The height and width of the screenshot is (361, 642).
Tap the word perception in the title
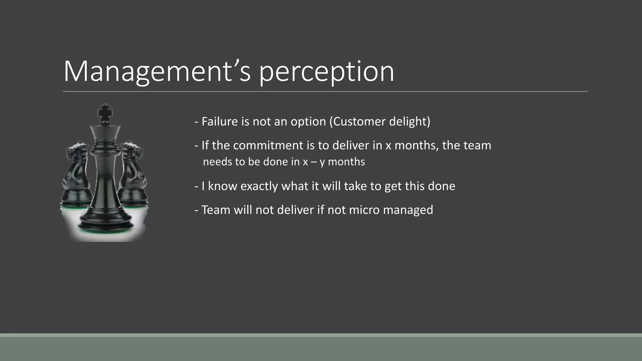[326, 73]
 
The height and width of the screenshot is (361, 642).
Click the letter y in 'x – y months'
[322, 163]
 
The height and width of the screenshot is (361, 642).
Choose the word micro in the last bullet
[364, 210]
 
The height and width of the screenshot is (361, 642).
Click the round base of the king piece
[105, 224]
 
